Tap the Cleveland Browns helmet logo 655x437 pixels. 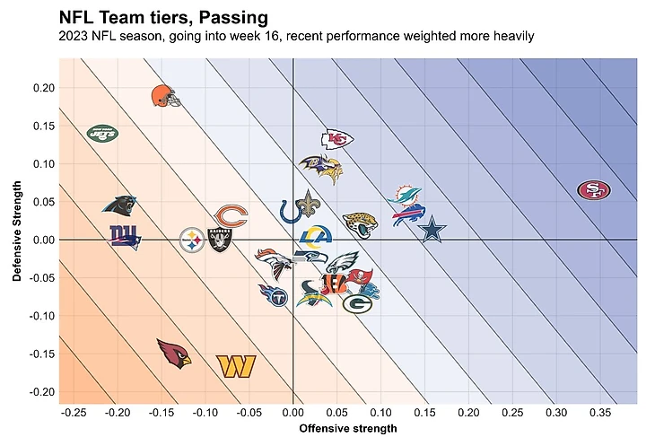coord(162,94)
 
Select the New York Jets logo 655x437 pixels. coord(102,133)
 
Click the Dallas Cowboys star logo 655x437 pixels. coord(432,229)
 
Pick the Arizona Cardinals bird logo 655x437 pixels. coord(173,354)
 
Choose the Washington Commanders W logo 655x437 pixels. coord(236,365)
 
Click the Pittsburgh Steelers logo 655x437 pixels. coord(192,240)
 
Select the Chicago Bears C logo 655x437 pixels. coord(231,216)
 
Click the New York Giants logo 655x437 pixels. coord(125,237)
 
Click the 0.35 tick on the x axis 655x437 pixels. coord(601,412)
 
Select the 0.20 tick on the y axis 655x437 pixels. coord(41,88)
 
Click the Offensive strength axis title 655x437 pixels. coord(347,428)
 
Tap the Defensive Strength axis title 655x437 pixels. coord(17,232)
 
